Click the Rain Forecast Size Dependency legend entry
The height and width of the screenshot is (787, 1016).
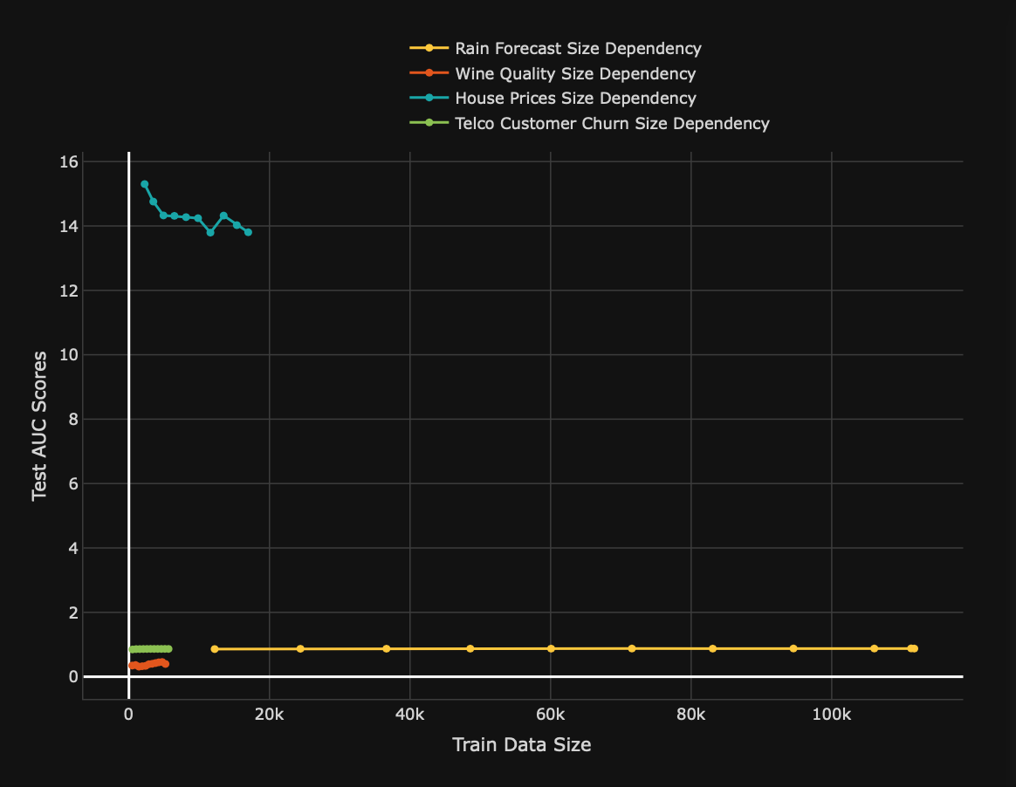[578, 48]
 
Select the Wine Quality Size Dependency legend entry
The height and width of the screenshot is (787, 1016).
[575, 73]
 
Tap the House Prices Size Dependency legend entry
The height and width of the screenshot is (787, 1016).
[575, 99]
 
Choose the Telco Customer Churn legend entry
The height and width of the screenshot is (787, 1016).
[612, 124]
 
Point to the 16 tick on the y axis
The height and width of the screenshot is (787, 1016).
[70, 162]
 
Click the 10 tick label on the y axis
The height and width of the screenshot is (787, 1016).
[70, 355]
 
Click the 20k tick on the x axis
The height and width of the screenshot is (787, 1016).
[269, 715]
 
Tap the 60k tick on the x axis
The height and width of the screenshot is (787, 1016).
[550, 715]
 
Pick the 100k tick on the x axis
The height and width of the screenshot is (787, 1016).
[831, 715]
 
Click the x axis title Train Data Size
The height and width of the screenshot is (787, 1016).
[521, 745]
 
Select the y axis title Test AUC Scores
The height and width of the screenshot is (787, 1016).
[39, 426]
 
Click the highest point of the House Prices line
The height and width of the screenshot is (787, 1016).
[145, 184]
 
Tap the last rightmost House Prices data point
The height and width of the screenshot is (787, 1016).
[248, 232]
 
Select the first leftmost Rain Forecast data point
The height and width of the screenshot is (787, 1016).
[215, 649]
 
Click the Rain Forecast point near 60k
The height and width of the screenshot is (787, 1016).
[551, 648]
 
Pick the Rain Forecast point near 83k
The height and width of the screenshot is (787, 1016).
[712, 648]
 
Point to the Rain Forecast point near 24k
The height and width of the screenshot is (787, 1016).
[300, 649]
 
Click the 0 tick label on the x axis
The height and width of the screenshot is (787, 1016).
[128, 715]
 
